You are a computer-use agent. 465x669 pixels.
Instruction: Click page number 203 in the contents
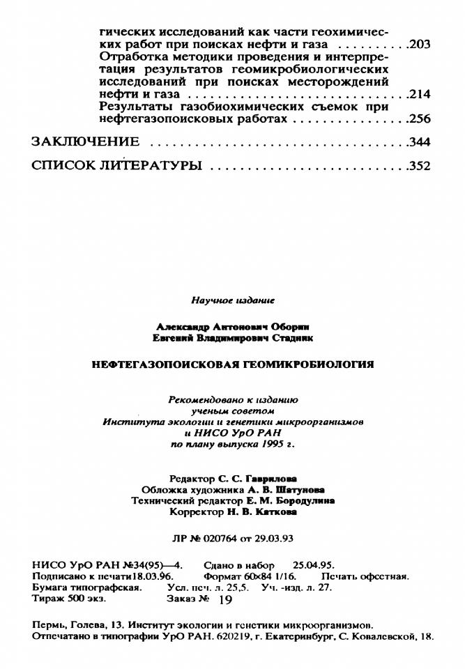click(x=420, y=45)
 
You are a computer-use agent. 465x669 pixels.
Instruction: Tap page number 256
click(x=420, y=119)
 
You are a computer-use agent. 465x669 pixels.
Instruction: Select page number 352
click(x=420, y=166)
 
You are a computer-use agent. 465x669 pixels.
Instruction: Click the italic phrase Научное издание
click(x=233, y=300)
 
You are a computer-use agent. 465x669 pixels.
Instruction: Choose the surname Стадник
click(x=292, y=337)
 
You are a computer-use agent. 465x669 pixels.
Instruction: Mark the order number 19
click(x=224, y=599)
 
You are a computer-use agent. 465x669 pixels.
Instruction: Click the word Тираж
click(x=46, y=599)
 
